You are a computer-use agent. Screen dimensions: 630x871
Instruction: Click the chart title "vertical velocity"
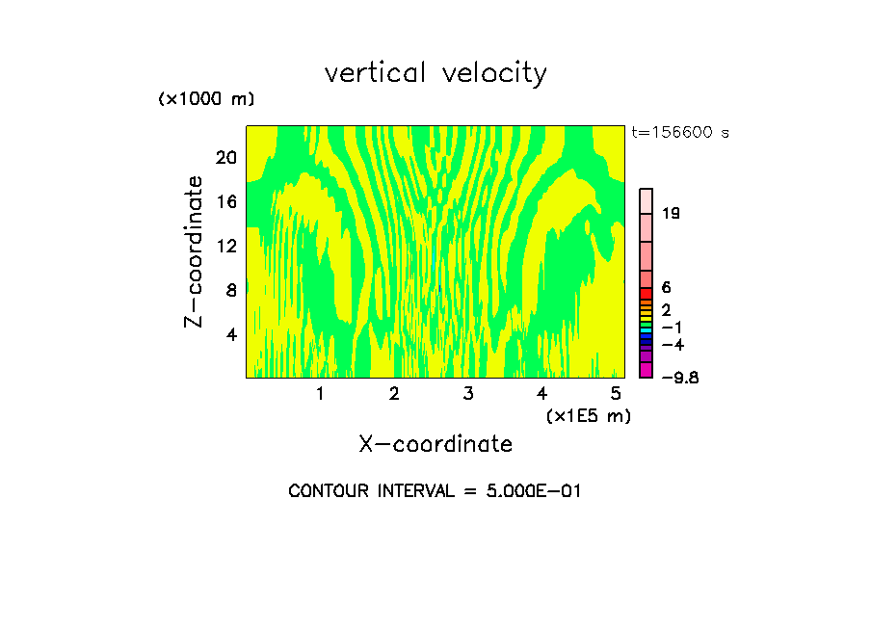pos(435,73)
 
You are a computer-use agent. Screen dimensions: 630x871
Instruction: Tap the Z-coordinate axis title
pos(195,251)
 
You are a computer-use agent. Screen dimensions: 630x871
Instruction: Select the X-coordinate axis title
pos(435,444)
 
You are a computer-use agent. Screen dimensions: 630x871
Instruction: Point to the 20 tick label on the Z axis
pos(224,157)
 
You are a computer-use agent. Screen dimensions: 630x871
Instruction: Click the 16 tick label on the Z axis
pos(224,201)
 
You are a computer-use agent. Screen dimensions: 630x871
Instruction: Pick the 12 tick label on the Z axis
pos(224,246)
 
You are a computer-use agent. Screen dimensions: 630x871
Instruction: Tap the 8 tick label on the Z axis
pos(230,290)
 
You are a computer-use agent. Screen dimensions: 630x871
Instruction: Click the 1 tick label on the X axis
pos(320,393)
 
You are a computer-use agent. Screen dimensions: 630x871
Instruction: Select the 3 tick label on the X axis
pos(467,393)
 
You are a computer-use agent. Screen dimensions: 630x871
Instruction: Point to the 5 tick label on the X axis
pos(616,393)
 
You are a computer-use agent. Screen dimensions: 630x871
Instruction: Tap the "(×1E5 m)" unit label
pos(588,416)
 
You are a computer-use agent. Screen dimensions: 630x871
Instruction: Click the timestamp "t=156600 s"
pos(680,132)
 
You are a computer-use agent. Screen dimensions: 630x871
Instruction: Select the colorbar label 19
pos(672,213)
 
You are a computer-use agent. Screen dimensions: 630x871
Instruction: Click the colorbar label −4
pos(673,344)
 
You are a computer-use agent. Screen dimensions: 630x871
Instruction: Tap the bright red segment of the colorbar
pos(647,293)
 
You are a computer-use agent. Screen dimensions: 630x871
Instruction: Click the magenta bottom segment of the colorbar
pos(647,370)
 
